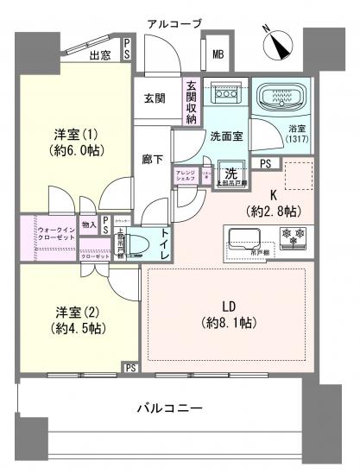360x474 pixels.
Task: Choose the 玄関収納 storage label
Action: pyautogui.click(x=191, y=102)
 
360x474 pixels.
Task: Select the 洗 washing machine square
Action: pyautogui.click(x=230, y=172)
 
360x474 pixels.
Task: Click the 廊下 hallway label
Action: pyautogui.click(x=152, y=159)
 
